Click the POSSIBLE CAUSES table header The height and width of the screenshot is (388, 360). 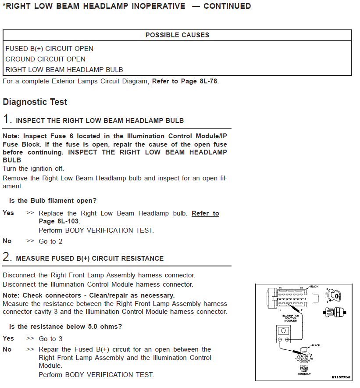(x=177, y=35)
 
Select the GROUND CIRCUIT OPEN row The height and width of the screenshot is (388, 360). (x=46, y=59)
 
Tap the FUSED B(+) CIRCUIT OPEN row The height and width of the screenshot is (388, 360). (x=50, y=49)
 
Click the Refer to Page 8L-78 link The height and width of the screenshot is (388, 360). (x=185, y=81)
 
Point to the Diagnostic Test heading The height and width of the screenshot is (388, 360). (x=35, y=102)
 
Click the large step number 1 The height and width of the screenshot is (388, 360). (x=7, y=119)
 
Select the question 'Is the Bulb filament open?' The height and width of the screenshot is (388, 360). (x=53, y=201)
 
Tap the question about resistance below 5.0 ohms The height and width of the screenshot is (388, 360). (x=65, y=327)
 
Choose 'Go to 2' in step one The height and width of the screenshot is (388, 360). (x=50, y=241)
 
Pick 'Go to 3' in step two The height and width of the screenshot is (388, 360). (x=50, y=339)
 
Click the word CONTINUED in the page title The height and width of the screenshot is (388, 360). (x=227, y=6)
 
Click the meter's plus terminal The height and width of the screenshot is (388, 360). (x=287, y=340)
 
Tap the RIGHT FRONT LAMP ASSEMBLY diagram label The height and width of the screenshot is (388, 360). (x=304, y=370)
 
